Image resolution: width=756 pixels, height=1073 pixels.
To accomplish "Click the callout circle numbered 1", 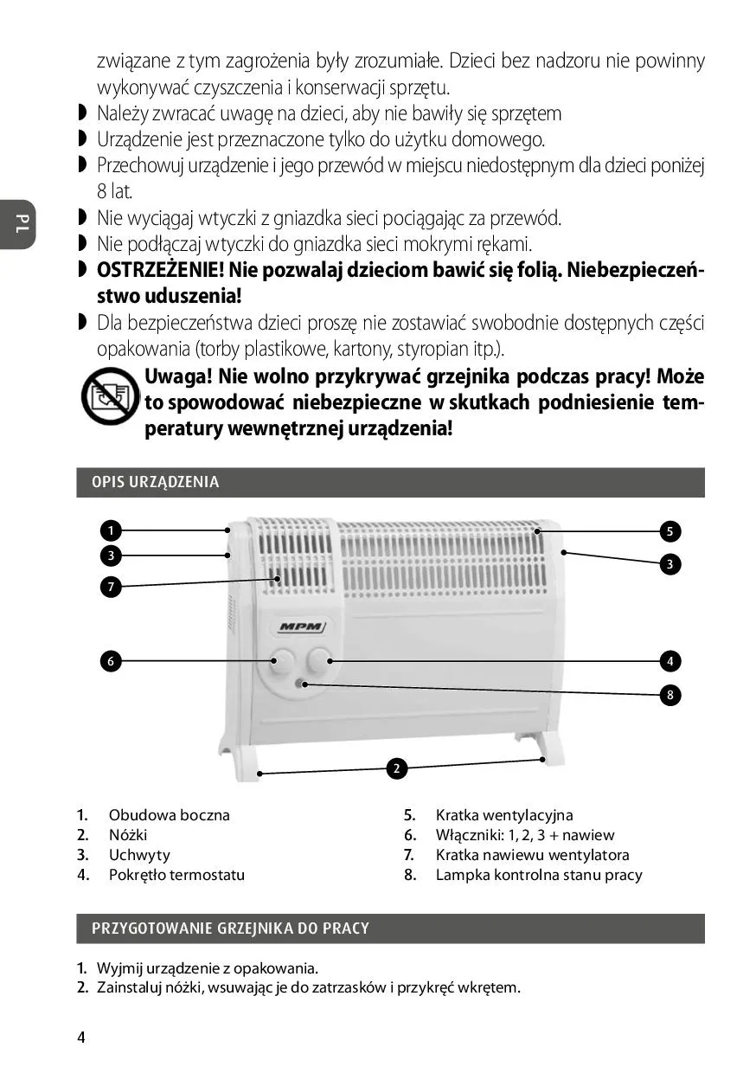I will (x=111, y=530).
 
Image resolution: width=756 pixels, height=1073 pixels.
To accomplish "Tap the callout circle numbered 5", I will (x=670, y=530).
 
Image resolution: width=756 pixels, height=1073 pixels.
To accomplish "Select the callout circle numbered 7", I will (x=111, y=588).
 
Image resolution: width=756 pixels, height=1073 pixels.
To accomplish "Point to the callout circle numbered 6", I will (x=111, y=661).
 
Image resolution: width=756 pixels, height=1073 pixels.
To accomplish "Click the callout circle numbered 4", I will (x=670, y=661).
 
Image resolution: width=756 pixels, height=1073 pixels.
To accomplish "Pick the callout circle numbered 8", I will (x=670, y=695).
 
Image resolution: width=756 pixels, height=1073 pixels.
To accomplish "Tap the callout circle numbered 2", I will (x=396, y=768).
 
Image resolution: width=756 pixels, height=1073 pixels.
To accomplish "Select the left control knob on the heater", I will (x=280, y=662).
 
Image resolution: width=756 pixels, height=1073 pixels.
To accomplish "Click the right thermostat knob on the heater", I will (x=318, y=660).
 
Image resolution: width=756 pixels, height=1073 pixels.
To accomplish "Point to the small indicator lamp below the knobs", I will (x=300, y=684).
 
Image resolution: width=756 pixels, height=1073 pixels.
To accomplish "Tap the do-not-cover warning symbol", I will (x=110, y=395).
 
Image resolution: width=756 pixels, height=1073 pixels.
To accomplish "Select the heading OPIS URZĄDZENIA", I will (x=156, y=483).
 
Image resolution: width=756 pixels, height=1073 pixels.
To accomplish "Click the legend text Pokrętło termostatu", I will (x=176, y=875).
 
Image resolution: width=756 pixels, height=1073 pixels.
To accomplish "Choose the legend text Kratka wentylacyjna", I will (x=503, y=815).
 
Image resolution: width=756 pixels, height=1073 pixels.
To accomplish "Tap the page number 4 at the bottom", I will (x=81, y=1038).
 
